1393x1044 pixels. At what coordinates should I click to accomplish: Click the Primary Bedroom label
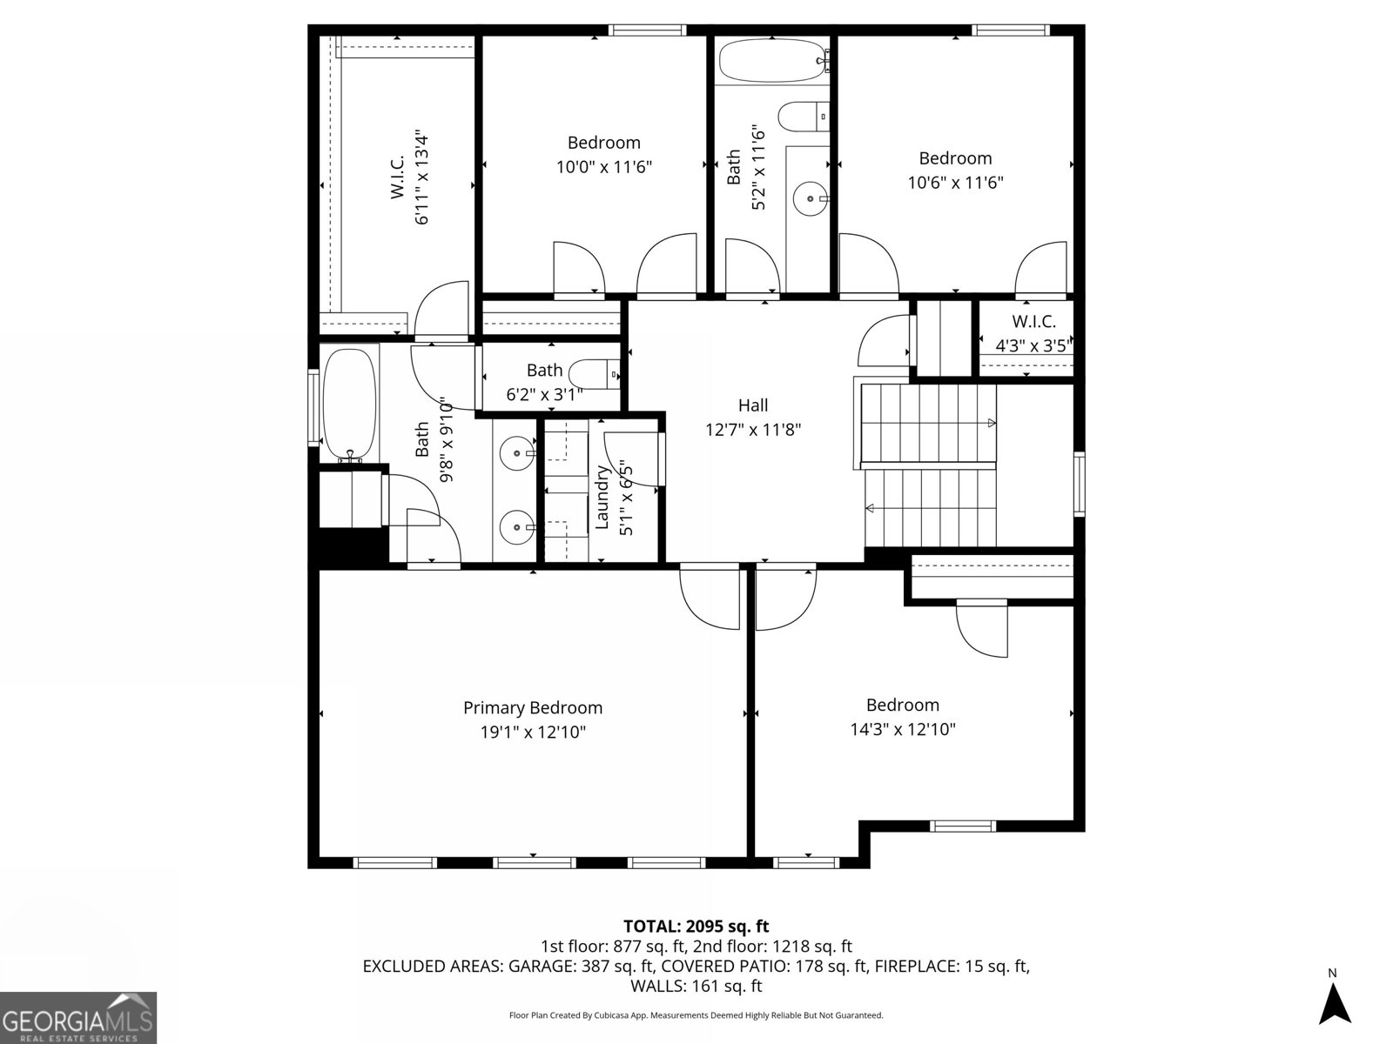pyautogui.click(x=532, y=708)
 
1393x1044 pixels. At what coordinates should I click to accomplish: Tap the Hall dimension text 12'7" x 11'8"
pyautogui.click(x=753, y=429)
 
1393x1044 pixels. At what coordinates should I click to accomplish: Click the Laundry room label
pyautogui.click(x=602, y=499)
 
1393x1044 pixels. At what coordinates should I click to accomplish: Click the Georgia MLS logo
pyautogui.click(x=78, y=1018)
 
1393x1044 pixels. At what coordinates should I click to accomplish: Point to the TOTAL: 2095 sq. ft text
pyautogui.click(x=696, y=926)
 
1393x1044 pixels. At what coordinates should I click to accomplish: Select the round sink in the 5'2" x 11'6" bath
pyautogui.click(x=811, y=198)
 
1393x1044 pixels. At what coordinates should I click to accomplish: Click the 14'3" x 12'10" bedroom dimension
pyautogui.click(x=903, y=729)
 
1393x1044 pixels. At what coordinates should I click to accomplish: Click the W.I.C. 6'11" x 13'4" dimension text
pyautogui.click(x=422, y=178)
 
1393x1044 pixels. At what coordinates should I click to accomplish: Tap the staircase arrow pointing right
pyautogui.click(x=991, y=423)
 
